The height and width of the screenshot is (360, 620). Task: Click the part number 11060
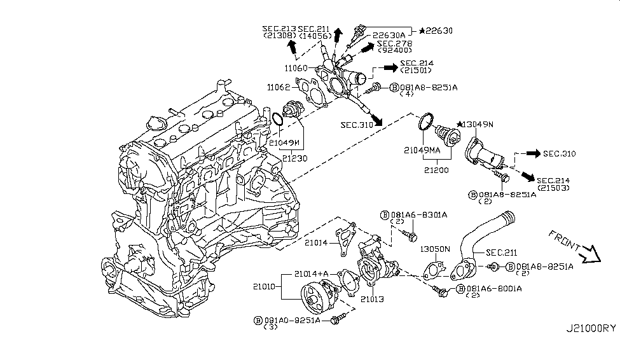click(x=297, y=68)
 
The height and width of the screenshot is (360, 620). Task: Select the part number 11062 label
click(x=279, y=88)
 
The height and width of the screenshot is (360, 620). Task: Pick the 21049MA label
click(x=422, y=151)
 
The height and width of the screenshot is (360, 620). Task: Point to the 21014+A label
click(x=312, y=274)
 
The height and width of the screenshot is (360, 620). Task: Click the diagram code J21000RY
click(x=591, y=328)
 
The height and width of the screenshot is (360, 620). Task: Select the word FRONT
click(x=564, y=240)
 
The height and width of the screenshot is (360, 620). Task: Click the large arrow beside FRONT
click(x=591, y=254)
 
